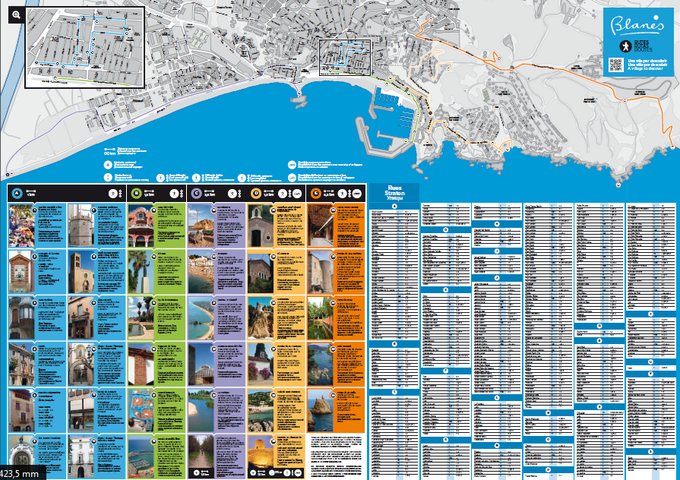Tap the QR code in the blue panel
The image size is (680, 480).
(616, 65)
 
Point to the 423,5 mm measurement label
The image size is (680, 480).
(22, 472)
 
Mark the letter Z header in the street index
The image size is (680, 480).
(650, 451)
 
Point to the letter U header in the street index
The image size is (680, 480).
(650, 352)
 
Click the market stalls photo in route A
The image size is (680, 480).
(21, 225)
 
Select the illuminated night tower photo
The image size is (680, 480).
(260, 456)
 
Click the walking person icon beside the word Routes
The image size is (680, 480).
(616, 46)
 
